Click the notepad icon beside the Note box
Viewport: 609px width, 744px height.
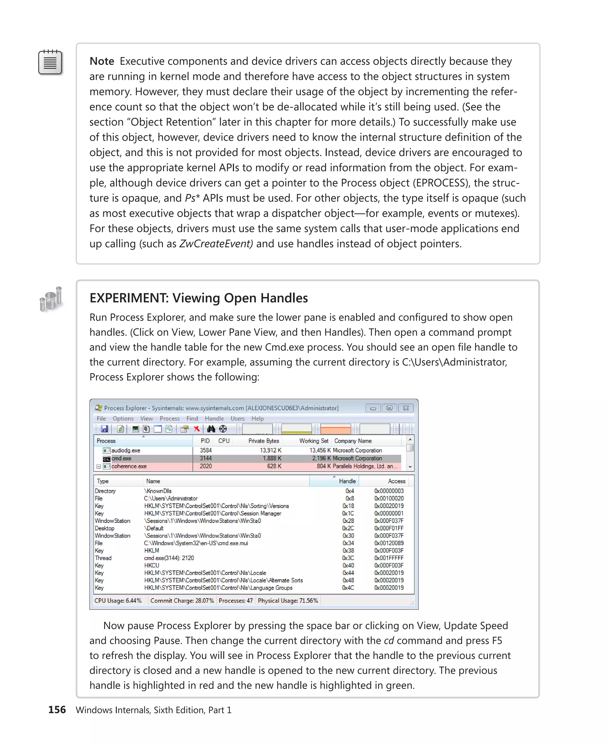(x=50, y=62)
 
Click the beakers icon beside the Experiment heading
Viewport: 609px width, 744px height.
(x=51, y=299)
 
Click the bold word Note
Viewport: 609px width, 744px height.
(x=102, y=61)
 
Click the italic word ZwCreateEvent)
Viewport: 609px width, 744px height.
(x=216, y=244)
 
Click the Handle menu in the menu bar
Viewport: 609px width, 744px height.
(x=214, y=418)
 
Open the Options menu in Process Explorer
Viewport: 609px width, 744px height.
(x=123, y=418)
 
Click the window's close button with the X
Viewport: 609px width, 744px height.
(x=406, y=408)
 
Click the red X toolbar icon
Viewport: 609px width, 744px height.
(x=197, y=429)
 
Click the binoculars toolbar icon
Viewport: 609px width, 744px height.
(x=211, y=429)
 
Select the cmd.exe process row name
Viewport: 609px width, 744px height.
(x=121, y=458)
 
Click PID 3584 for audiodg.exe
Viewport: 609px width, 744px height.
(x=205, y=450)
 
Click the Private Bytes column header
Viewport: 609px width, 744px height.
(x=263, y=441)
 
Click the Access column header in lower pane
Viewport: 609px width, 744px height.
(x=396, y=481)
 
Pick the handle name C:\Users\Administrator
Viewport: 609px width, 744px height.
(x=171, y=498)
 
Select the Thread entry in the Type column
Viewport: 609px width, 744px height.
(x=103, y=558)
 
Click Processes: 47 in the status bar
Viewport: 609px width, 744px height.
(x=236, y=600)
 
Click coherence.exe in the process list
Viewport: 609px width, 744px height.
(x=129, y=466)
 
